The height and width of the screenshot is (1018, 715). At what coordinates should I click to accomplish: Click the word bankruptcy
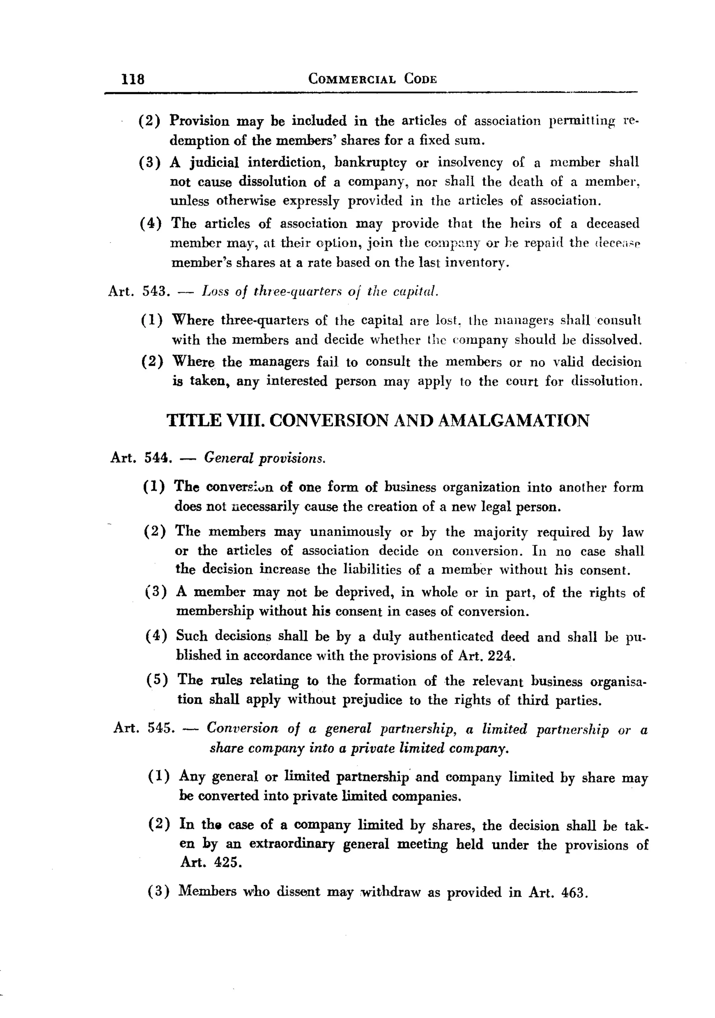[370, 163]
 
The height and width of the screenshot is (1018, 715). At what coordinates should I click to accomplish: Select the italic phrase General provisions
[265, 457]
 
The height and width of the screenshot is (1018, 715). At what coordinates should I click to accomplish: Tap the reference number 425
[227, 862]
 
